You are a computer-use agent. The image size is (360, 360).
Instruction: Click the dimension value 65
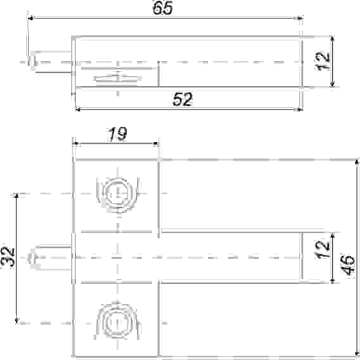coord(162,8)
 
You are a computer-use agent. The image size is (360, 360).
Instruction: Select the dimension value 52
coord(183,99)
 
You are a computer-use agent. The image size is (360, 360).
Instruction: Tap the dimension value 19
coord(117,134)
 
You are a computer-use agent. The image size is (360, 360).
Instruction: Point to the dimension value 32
coord(8,257)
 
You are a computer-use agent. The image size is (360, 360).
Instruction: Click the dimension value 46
coord(347,264)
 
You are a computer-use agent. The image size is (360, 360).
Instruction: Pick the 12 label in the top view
coord(323,61)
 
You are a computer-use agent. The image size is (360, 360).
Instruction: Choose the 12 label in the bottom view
coord(323,249)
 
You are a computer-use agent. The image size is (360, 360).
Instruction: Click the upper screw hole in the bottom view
coord(118,193)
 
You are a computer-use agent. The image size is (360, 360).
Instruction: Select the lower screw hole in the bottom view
coord(118,323)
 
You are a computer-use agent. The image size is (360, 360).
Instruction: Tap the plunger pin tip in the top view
coord(32,61)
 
